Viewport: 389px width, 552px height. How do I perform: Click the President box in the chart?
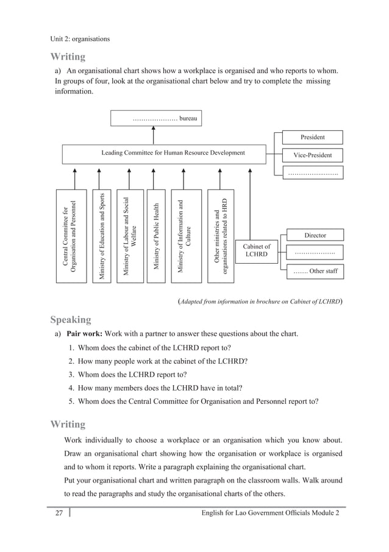(x=312, y=137)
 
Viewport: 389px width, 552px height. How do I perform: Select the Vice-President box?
(x=312, y=155)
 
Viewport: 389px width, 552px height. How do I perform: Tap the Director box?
(x=315, y=235)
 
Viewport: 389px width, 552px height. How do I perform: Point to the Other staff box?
(x=315, y=271)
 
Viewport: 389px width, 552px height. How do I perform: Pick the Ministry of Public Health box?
(x=156, y=236)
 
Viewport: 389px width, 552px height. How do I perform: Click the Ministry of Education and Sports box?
(x=102, y=236)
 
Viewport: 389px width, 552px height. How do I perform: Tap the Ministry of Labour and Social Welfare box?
(x=129, y=236)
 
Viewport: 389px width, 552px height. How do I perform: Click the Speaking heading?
(x=71, y=320)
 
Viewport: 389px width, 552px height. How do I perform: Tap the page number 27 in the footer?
(x=59, y=514)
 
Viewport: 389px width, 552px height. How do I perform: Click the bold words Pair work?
(x=84, y=334)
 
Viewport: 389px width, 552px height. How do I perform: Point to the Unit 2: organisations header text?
(x=80, y=39)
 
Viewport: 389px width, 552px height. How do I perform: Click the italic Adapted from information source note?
(x=259, y=300)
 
